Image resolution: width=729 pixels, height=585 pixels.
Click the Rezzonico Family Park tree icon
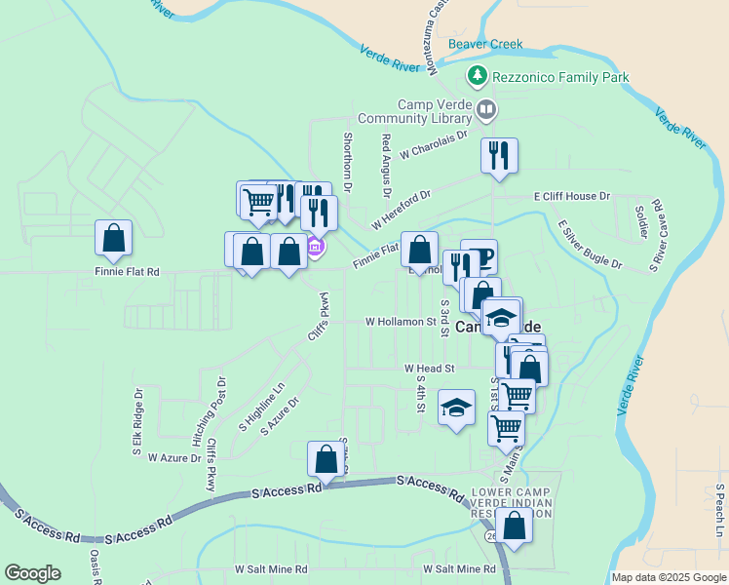click(x=477, y=75)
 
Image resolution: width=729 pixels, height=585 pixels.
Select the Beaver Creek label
click(x=485, y=44)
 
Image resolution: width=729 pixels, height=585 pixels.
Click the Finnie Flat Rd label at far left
click(x=127, y=272)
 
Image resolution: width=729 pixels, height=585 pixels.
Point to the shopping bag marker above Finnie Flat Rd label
click(x=114, y=239)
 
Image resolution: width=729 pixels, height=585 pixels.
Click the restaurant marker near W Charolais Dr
click(x=499, y=156)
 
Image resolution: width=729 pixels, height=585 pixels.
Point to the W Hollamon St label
click(x=401, y=321)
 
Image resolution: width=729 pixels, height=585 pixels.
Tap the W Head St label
click(x=430, y=369)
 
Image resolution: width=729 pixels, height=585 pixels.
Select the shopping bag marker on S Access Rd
click(x=326, y=459)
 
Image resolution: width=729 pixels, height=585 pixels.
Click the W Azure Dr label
click(x=173, y=456)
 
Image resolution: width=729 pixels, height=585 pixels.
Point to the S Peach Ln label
click(x=719, y=509)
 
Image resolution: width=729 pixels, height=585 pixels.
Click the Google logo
click(x=33, y=573)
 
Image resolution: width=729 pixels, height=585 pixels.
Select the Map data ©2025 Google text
click(x=668, y=577)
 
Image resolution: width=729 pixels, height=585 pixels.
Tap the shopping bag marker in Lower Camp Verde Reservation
click(x=514, y=526)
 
